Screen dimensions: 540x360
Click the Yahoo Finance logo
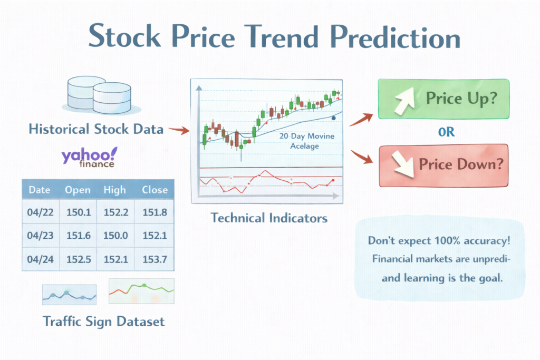[89, 157]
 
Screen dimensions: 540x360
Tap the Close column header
[155, 190]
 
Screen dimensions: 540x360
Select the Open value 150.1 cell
[79, 212]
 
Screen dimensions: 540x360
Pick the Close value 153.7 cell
[155, 259]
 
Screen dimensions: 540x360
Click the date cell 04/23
[40, 236]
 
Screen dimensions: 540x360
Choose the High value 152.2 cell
[115, 212]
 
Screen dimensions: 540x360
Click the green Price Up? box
[443, 99]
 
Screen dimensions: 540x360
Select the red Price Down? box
[443, 166]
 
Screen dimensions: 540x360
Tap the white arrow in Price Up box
[404, 100]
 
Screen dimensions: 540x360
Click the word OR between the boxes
[446, 132]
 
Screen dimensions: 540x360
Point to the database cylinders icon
[100, 95]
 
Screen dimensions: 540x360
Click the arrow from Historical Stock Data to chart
[179, 130]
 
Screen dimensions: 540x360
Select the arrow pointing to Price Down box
[362, 157]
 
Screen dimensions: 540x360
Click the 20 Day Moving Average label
[306, 141]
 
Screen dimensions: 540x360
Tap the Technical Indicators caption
[269, 218]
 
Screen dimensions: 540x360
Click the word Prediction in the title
[395, 36]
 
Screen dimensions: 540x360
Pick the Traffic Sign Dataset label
[104, 322]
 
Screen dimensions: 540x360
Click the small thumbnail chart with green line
[141, 291]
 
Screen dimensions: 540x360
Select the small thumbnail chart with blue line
[69, 295]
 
